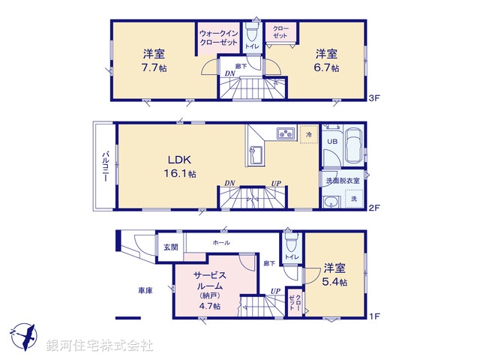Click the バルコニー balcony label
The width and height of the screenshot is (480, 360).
[106, 167]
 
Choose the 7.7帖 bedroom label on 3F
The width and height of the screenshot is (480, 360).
[155, 61]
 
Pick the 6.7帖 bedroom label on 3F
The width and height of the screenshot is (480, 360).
[326, 61]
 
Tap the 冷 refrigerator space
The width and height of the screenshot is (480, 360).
[309, 134]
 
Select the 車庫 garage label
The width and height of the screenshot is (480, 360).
[145, 290]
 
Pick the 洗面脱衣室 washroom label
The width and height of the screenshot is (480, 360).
[343, 181]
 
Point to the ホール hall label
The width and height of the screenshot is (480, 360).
[221, 242]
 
